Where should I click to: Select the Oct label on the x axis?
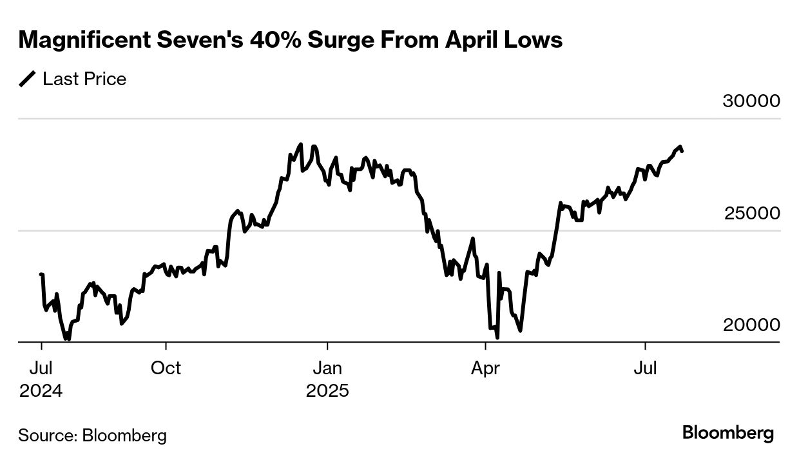click(166, 368)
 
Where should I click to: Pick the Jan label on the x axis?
click(327, 368)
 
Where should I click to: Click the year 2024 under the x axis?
click(41, 391)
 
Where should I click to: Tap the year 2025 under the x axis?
click(327, 391)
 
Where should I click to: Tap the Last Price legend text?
click(84, 79)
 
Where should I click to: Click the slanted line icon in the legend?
click(28, 79)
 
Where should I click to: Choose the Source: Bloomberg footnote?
click(92, 435)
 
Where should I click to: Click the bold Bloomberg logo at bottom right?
click(728, 433)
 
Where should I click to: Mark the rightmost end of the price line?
click(682, 151)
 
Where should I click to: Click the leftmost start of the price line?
click(41, 274)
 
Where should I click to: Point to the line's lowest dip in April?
click(497, 336)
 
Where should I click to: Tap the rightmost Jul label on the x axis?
click(646, 368)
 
